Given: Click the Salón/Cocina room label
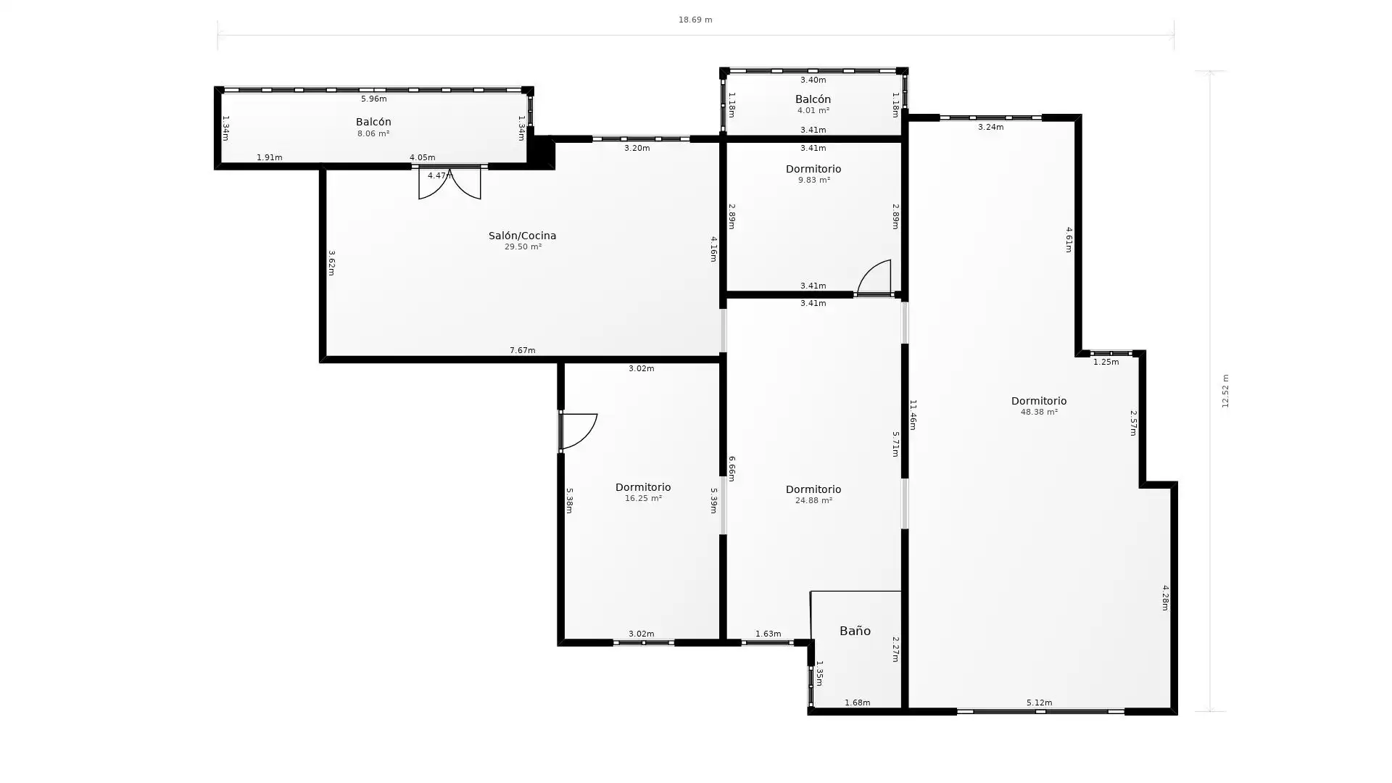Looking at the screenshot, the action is (522, 236).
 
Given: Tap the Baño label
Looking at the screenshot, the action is (855, 631).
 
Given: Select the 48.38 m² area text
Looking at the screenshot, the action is (1039, 412).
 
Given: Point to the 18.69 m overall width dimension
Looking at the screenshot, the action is (695, 20).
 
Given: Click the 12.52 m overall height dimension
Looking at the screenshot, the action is (1225, 391).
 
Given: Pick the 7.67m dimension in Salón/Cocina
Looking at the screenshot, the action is (522, 350).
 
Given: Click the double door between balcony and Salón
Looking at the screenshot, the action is (449, 183).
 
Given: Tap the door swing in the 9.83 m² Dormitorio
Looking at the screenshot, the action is (874, 277).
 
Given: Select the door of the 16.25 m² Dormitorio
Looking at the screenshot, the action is (579, 431).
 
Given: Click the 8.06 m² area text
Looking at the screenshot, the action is (373, 133).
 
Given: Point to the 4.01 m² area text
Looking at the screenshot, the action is (813, 110).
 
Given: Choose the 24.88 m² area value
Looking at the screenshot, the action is (813, 500).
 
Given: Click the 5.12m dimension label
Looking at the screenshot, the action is (1039, 703).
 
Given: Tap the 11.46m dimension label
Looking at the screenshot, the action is (913, 415).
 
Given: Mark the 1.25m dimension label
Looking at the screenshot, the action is (1106, 362).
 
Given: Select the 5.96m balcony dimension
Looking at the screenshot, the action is (373, 99).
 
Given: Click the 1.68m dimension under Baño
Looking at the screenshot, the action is (857, 703).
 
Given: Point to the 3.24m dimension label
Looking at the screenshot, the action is (990, 127).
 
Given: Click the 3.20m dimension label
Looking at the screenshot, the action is (637, 148).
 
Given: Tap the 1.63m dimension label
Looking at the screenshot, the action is (768, 634).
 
